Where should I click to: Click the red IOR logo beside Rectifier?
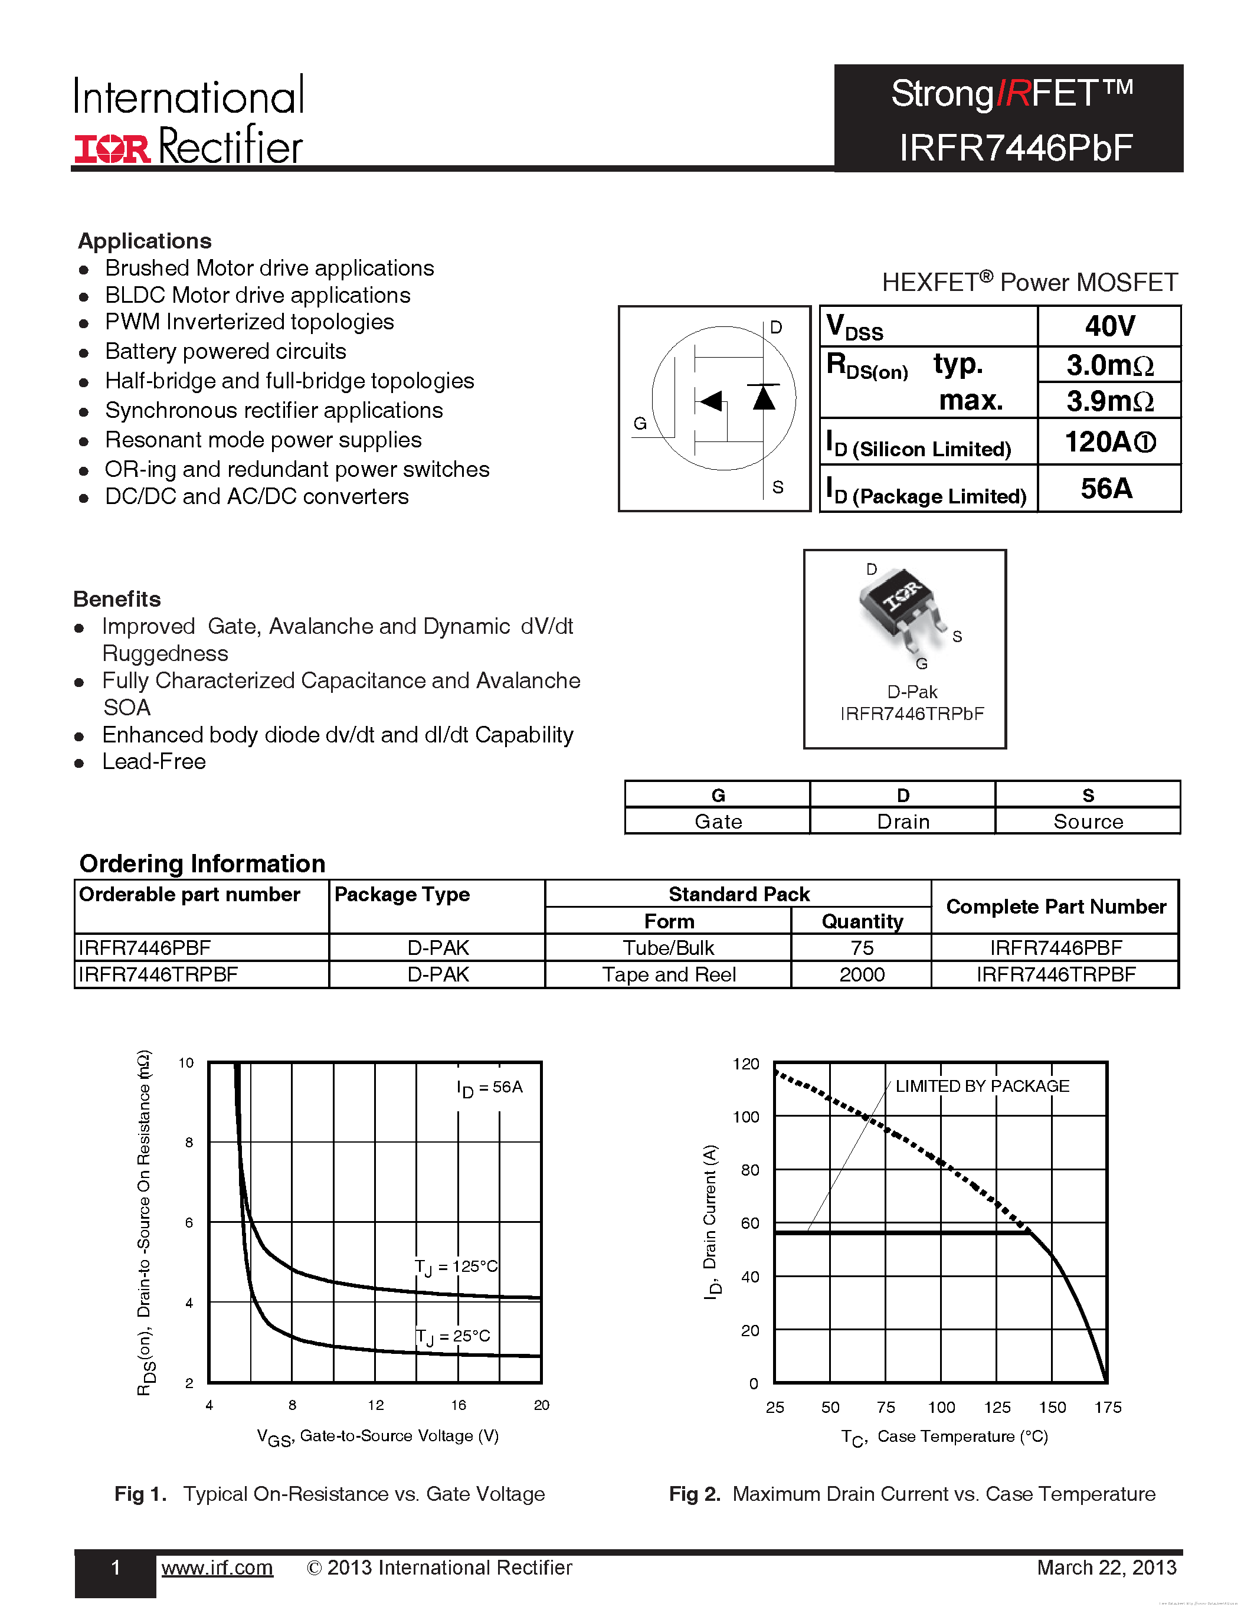click(112, 149)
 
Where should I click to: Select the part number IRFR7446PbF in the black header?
click(1016, 148)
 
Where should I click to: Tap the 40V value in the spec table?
click(1110, 326)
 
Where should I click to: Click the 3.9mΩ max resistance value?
click(1110, 401)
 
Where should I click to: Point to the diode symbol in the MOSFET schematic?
click(764, 398)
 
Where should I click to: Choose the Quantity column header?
click(862, 921)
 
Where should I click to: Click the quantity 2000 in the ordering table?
click(862, 974)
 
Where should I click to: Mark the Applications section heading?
click(145, 241)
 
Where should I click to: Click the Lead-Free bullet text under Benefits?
click(154, 762)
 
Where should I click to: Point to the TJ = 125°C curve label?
click(456, 1267)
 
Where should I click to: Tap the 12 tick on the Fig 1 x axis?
click(376, 1405)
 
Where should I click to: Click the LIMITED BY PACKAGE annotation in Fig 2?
click(982, 1087)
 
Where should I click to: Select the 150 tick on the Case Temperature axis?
click(1052, 1408)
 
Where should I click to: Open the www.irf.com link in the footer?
click(217, 1568)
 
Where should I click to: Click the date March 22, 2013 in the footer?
click(1106, 1568)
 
